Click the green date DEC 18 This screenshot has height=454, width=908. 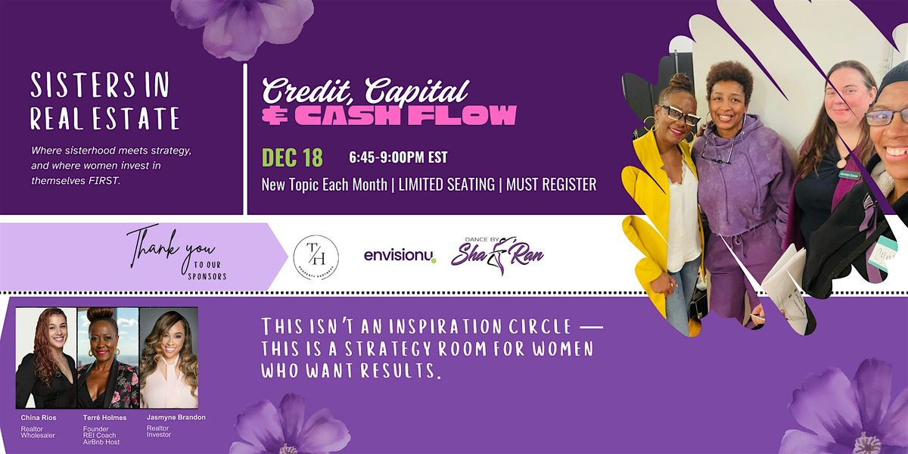292,157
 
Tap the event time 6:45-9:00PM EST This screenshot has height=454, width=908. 398,158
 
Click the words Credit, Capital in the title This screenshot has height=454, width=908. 365,91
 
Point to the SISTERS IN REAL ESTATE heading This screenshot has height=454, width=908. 104,102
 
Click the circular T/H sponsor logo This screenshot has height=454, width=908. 316,257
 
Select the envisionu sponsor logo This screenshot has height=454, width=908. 400,256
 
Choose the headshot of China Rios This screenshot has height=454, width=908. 45,357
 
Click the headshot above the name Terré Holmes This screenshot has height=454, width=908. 107,357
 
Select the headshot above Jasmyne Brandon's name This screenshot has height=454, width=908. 168,357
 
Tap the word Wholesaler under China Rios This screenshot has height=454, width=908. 38,435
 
